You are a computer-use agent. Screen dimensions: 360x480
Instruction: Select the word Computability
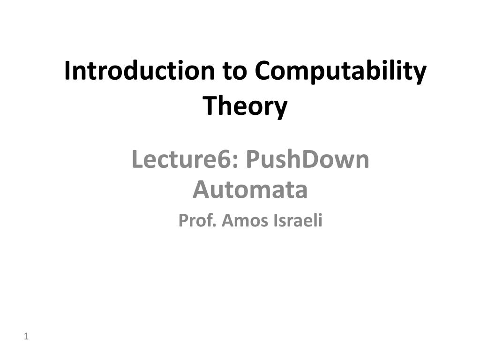341,72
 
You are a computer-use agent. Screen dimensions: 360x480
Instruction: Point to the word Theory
245,106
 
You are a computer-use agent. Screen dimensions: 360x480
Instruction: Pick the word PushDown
307,160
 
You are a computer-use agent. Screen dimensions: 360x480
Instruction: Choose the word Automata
250,190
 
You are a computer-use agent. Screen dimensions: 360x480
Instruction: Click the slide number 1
26,336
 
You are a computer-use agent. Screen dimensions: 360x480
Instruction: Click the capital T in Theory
209,105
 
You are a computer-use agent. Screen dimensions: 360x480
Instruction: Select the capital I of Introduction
67,71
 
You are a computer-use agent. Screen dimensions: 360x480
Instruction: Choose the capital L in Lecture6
137,160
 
